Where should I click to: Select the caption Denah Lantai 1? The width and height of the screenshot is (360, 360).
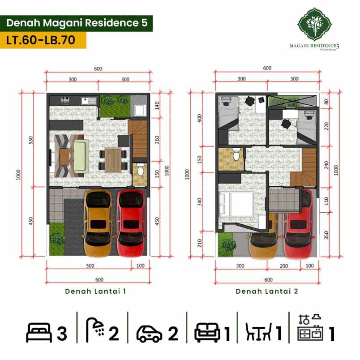coord(95,291)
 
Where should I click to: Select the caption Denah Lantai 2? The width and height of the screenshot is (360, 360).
coord(267,291)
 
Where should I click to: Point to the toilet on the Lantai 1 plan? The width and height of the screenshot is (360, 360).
coord(141,171)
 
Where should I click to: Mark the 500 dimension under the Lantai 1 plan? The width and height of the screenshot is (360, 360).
coord(90,266)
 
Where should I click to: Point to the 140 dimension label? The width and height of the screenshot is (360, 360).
coord(157,105)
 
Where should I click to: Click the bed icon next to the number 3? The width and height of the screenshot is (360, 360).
coord(39,334)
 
